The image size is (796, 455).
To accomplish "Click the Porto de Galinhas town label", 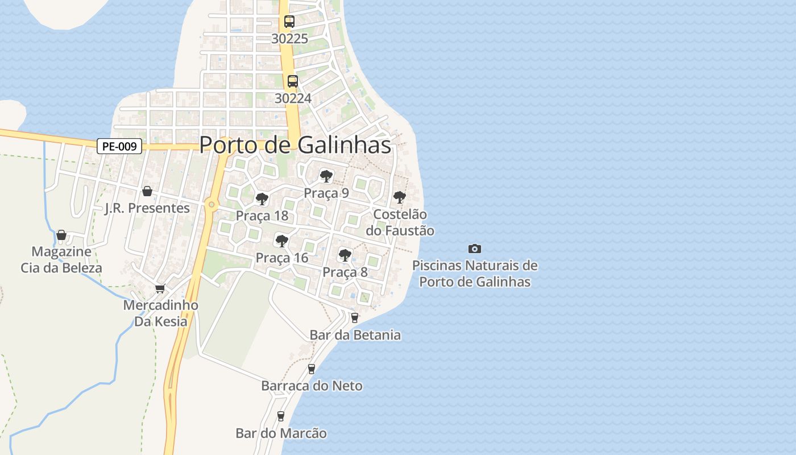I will pos(295,145).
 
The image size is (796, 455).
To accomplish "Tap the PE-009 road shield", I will pos(119,147).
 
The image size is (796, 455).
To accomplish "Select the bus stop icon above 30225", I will pos(289,22).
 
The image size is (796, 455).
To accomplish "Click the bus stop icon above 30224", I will pos(293,81).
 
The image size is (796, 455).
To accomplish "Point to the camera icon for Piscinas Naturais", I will pos(475,249).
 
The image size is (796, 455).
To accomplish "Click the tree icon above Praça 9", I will pos(326,176).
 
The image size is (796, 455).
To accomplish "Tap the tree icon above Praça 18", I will pos(262,199).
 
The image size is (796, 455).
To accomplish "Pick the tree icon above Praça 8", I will pos(345,255).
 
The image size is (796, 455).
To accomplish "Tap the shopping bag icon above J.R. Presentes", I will pos(147,191).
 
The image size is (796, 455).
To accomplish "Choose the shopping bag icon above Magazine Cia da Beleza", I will pos(61,235).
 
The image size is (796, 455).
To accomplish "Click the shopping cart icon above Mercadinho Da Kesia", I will pos(160,289).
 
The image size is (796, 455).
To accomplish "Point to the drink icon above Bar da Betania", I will pos(355,318).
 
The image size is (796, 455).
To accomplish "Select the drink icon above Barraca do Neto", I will pos(311,369).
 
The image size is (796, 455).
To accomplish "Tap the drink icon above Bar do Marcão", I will pos(280,416).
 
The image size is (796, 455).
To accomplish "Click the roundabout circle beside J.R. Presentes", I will pos(212,204).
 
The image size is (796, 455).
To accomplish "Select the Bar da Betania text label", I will pos(355,335).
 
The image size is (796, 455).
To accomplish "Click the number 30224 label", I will pos(293,98).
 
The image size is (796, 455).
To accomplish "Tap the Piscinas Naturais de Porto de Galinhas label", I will pos(475,274).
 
